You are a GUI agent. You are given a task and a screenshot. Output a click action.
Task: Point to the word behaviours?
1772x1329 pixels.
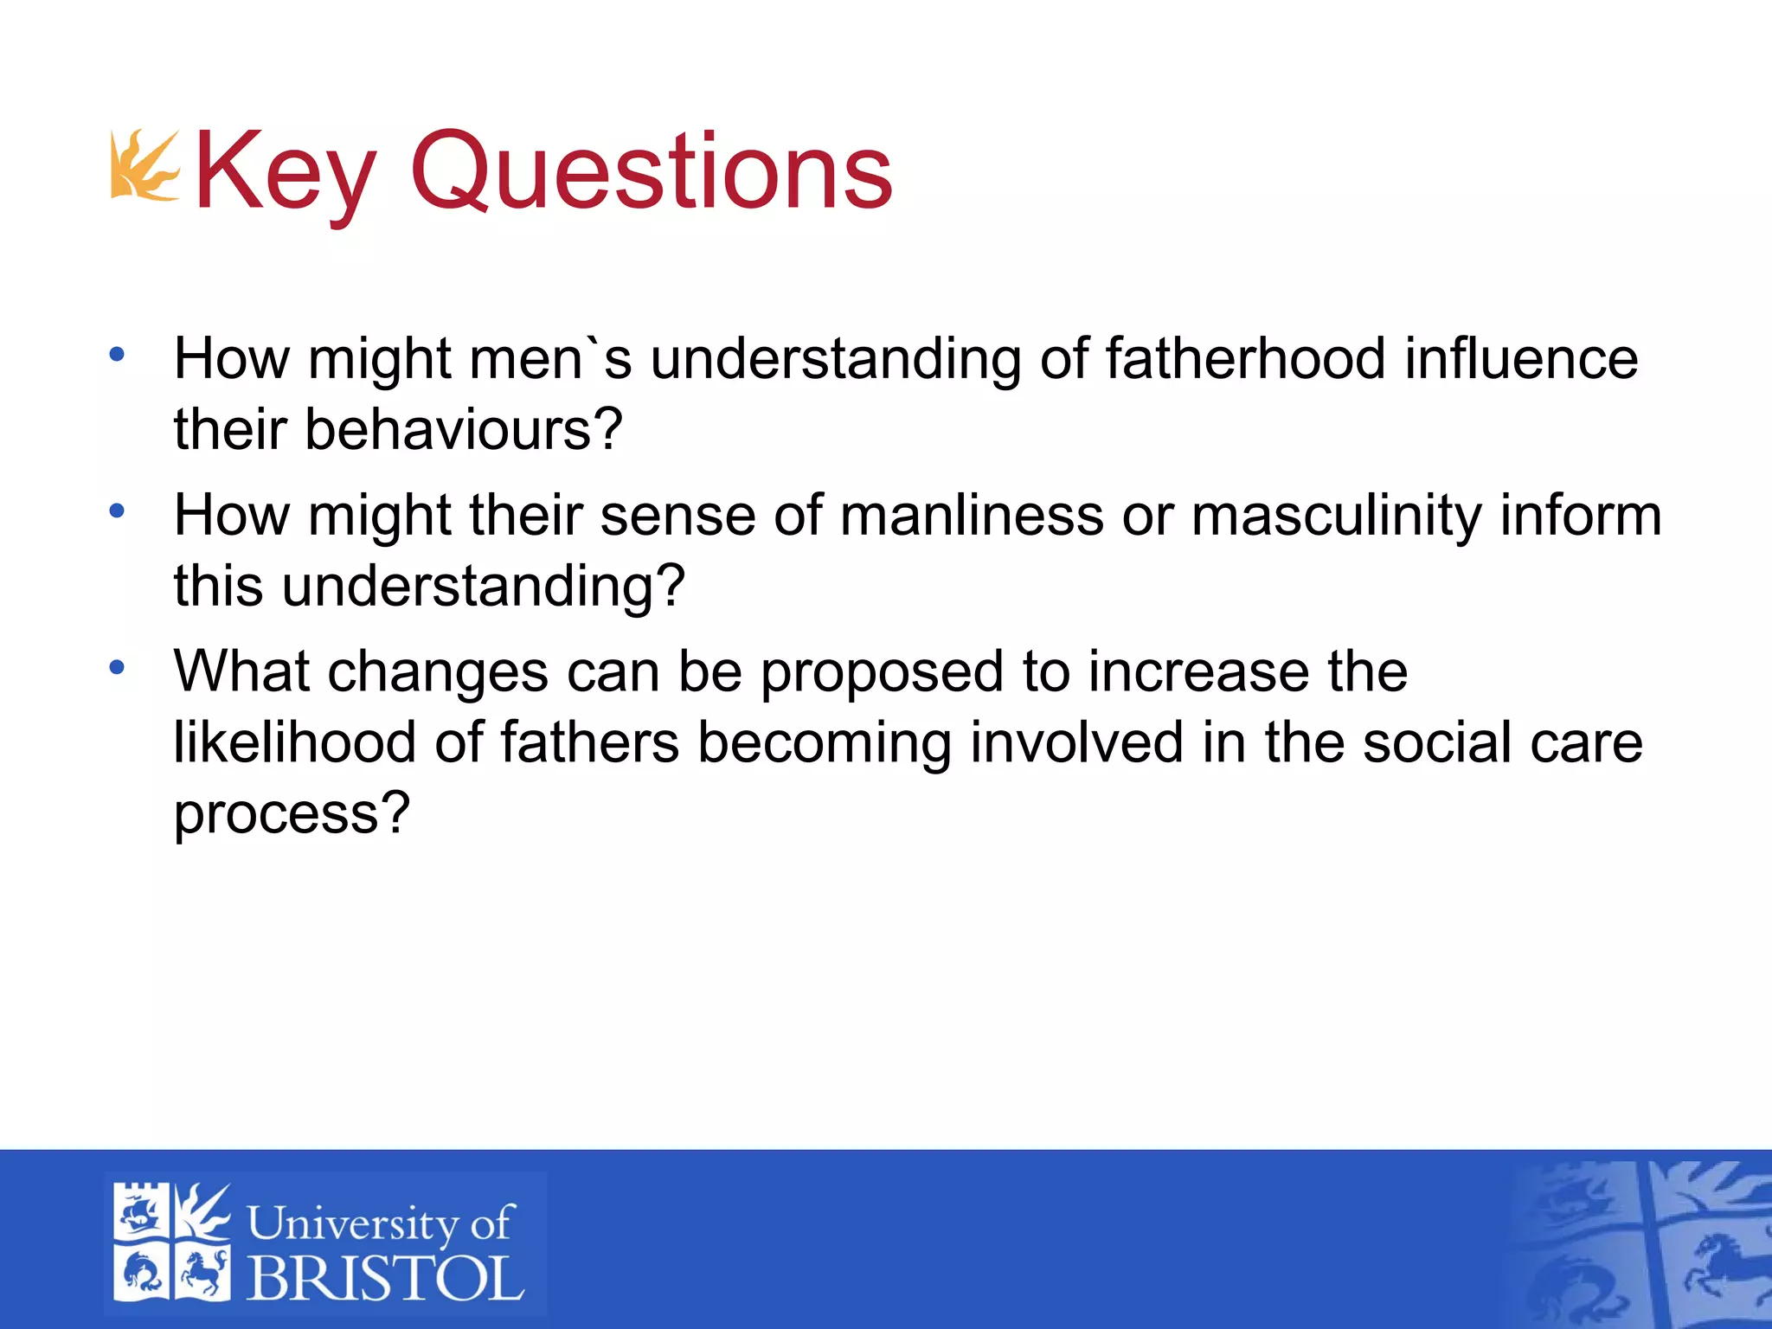463,429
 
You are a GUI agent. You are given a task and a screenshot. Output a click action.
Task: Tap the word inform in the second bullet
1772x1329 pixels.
1581,516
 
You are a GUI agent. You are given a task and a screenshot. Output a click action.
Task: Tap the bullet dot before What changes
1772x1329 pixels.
117,667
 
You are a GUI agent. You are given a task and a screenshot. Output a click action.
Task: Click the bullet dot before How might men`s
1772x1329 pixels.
117,354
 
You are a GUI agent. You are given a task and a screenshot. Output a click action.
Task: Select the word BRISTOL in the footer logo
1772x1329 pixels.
385,1278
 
